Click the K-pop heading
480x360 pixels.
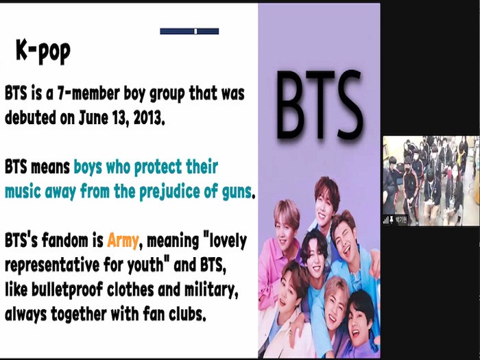(x=43, y=51)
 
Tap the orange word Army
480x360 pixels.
(x=123, y=241)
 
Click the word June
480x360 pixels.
(x=93, y=117)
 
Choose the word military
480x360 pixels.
(x=211, y=290)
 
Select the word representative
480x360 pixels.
(x=52, y=265)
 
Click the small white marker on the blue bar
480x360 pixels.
(x=195, y=32)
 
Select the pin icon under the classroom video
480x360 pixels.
(x=392, y=220)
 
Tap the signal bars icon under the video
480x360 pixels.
(x=386, y=220)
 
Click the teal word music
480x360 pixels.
(x=23, y=192)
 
